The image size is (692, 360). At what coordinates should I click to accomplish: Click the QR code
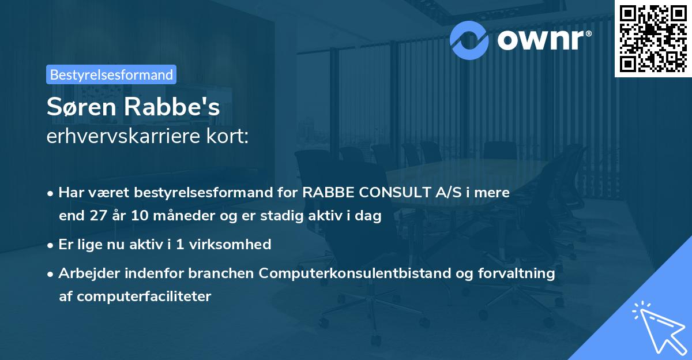(x=652, y=39)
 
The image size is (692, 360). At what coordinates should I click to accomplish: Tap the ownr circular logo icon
(x=469, y=40)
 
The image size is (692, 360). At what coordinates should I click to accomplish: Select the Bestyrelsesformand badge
(x=111, y=74)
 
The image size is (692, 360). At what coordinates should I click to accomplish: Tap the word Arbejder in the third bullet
(x=87, y=273)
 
